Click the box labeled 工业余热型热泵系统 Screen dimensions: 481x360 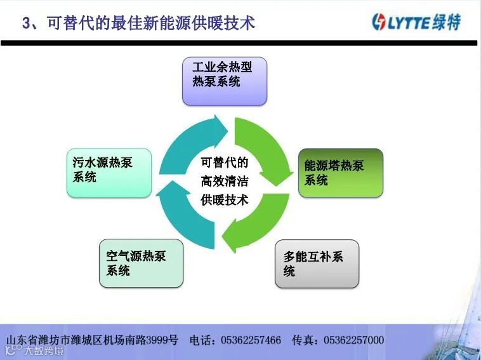(225, 81)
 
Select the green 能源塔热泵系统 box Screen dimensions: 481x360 (341, 173)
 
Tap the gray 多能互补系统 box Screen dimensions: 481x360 (317, 263)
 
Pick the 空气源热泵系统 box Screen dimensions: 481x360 (141, 263)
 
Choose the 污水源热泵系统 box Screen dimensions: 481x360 (109, 172)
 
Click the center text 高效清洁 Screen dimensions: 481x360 (225, 181)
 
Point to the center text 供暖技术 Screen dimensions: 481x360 (225, 200)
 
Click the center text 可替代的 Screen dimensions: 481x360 (225, 162)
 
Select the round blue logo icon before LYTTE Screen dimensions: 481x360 (379, 22)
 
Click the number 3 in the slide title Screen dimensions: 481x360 (26, 24)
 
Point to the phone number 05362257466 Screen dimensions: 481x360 (251, 340)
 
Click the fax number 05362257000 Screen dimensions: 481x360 (353, 340)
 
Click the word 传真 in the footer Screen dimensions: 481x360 (304, 340)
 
